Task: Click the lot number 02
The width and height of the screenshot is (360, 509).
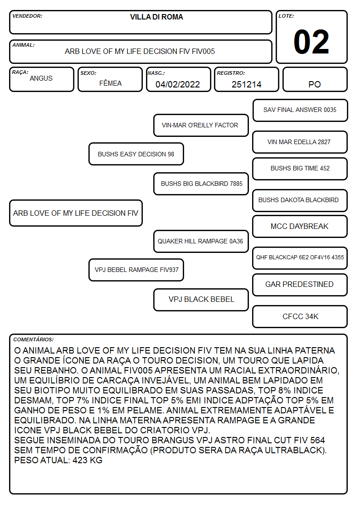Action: click(x=311, y=42)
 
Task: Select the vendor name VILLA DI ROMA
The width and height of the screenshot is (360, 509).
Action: click(x=156, y=17)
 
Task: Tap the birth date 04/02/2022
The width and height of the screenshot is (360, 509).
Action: click(x=178, y=84)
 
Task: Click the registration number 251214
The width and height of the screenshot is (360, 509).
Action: click(x=246, y=84)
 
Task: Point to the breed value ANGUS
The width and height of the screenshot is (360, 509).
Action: click(x=41, y=78)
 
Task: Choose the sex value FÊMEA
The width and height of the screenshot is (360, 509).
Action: click(x=110, y=83)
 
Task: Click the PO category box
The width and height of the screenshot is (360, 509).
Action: click(x=315, y=79)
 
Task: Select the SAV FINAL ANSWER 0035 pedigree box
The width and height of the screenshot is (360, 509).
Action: click(x=300, y=111)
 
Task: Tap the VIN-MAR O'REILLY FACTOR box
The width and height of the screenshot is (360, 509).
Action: click(x=201, y=125)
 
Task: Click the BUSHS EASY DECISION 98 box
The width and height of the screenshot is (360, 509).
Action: click(x=136, y=154)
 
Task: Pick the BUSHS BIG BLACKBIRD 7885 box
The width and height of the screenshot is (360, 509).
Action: click(x=201, y=184)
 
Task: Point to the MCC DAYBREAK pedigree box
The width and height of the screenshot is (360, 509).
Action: click(x=300, y=226)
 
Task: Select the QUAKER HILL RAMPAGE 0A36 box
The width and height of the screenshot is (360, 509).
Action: click(x=201, y=241)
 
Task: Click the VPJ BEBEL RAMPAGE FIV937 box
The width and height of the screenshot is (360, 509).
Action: click(x=136, y=270)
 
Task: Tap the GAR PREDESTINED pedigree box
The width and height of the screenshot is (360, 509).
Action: click(x=300, y=285)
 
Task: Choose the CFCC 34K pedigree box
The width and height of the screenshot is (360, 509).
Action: click(x=300, y=316)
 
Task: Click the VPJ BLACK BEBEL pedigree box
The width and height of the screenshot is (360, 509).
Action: click(x=201, y=300)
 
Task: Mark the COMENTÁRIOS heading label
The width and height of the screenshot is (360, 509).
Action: click(x=34, y=339)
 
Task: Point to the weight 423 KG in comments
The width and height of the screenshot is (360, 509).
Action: click(x=88, y=461)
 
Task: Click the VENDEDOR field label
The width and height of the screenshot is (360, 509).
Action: click(x=27, y=16)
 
